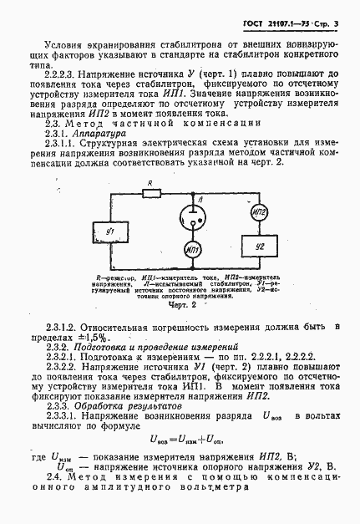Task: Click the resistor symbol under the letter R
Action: [x=152, y=193]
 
